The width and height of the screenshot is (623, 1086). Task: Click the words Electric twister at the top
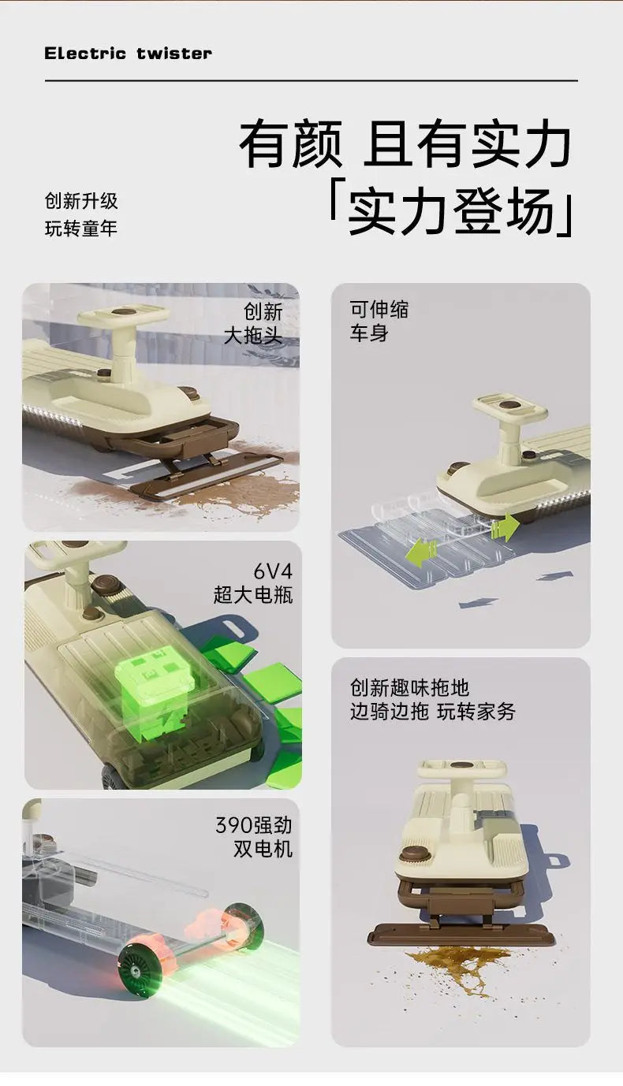pos(128,54)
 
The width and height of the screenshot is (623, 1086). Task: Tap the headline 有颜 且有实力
pos(405,143)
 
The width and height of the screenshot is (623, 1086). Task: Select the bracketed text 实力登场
pos(451,211)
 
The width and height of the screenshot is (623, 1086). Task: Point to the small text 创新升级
pos(81,201)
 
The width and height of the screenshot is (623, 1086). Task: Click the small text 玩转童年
pos(81,229)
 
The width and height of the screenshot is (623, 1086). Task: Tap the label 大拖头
pos(253,335)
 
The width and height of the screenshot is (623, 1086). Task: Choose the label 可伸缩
pos(379,309)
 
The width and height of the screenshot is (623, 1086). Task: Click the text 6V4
pos(273,571)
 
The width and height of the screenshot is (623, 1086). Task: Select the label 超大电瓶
pos(253,595)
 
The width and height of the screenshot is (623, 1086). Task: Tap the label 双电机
pos(263,849)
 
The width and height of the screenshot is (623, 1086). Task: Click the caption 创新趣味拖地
pos(409,687)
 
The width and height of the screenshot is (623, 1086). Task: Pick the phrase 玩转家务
pos(476,711)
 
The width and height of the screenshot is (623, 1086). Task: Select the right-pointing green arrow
pos(505,527)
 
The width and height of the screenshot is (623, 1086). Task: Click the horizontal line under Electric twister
pos(311,80)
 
